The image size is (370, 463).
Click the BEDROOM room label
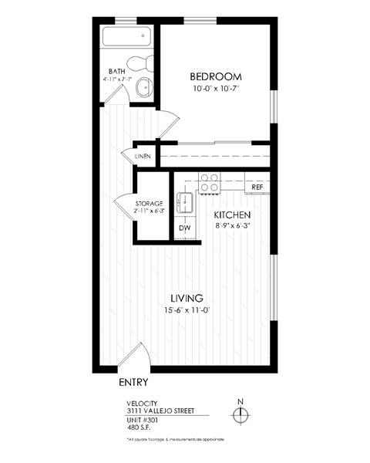coord(216,76)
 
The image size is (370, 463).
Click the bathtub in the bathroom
coord(128,38)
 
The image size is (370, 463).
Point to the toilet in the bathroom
coord(142,66)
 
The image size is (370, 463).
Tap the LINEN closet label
coord(143,157)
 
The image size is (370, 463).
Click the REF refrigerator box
coord(257,187)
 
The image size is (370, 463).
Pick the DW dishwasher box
coord(185,228)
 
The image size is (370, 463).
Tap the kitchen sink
coord(185,202)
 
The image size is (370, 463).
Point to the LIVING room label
coord(187,298)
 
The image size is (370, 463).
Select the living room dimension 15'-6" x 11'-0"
coord(187,310)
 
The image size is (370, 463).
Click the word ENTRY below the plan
coord(134,382)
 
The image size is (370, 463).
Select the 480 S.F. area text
coord(140,427)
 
